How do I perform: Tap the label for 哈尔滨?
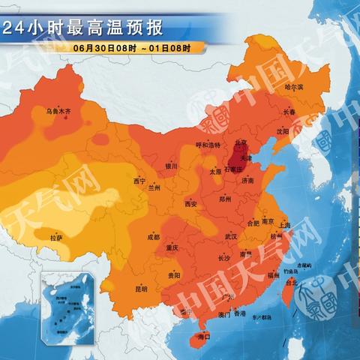click(x=294, y=87)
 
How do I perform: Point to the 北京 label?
click(x=241, y=142)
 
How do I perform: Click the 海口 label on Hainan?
click(x=204, y=337)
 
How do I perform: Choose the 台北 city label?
click(x=292, y=282)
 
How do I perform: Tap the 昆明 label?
click(x=141, y=288)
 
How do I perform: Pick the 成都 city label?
click(x=153, y=237)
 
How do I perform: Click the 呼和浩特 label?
click(x=208, y=145)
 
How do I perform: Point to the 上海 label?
click(x=283, y=224)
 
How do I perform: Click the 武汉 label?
click(x=230, y=236)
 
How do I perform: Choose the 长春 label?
click(x=289, y=112)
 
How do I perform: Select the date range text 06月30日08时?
click(x=104, y=48)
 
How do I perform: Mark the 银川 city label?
click(x=170, y=166)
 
